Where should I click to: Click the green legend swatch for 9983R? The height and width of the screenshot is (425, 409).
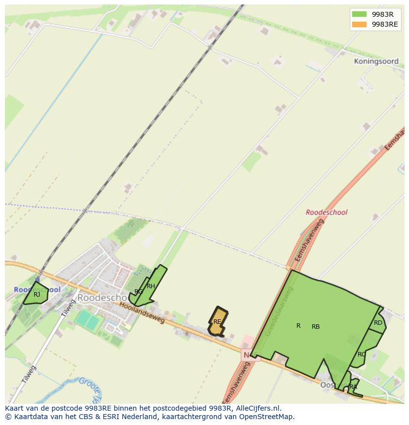pyautogui.click(x=359, y=14)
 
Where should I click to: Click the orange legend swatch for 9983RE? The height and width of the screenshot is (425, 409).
pyautogui.click(x=359, y=24)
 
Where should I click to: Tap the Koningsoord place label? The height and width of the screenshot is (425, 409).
pyautogui.click(x=376, y=62)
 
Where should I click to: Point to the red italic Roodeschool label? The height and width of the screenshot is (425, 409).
pyautogui.click(x=327, y=212)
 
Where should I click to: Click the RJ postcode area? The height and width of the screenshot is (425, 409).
pyautogui.click(x=37, y=295)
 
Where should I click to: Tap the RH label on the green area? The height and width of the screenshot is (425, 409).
pyautogui.click(x=151, y=286)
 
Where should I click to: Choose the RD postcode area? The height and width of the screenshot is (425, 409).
pyautogui.click(x=378, y=323)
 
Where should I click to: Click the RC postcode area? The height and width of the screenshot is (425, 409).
pyautogui.click(x=362, y=354)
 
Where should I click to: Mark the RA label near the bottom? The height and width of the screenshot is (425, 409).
pyautogui.click(x=353, y=387)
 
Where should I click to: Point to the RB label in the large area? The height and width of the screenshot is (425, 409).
pyautogui.click(x=316, y=327)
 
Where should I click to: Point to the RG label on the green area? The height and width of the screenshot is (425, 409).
pyautogui.click(x=139, y=292)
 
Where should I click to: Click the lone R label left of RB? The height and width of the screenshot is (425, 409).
pyautogui.click(x=298, y=326)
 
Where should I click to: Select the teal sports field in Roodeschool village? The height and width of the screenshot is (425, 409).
pyautogui.click(x=87, y=319)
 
